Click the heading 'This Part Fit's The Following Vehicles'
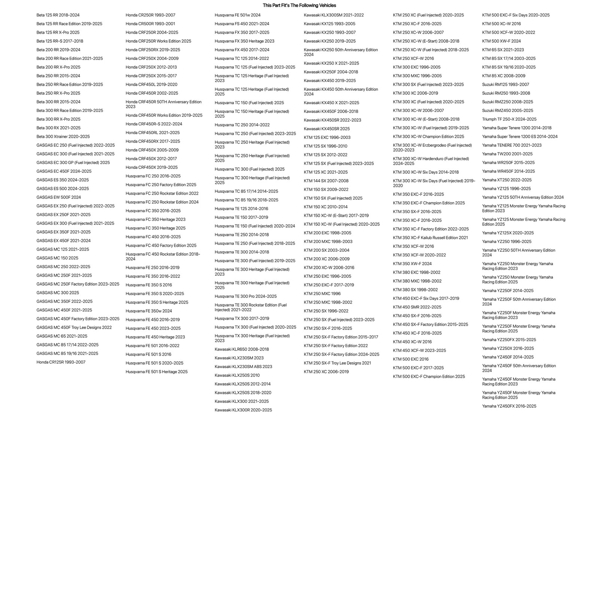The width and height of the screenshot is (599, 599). pyautogui.click(x=299, y=5)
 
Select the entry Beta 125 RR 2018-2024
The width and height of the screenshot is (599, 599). pyautogui.click(x=58, y=15)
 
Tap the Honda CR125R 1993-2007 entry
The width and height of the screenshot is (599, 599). pyautogui.click(x=61, y=362)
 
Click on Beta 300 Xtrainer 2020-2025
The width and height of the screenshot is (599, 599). pyautogui.click(x=63, y=137)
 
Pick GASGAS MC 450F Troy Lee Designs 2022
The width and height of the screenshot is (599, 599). pyautogui.click(x=74, y=328)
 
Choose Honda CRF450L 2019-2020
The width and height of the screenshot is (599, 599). pyautogui.click(x=152, y=85)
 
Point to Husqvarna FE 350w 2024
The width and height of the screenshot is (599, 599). pyautogui.click(x=149, y=311)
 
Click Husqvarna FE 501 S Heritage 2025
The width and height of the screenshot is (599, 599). pyautogui.click(x=156, y=372)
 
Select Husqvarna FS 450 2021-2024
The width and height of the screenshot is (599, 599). pyautogui.click(x=242, y=24)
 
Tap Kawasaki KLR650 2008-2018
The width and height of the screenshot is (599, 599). pyautogui.click(x=242, y=349)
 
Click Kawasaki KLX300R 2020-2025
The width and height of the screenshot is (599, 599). pyautogui.click(x=243, y=410)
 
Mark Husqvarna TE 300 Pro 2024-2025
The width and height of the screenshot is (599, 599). pyautogui.click(x=246, y=297)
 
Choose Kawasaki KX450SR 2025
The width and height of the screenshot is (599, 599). pyautogui.click(x=327, y=129)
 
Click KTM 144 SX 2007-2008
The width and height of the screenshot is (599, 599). pyautogui.click(x=326, y=181)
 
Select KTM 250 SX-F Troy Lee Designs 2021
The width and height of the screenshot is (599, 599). pyautogui.click(x=337, y=363)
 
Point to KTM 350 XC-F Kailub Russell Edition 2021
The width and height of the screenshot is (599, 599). pyautogui.click(x=431, y=238)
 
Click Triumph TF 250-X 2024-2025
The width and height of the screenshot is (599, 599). pyautogui.click(x=509, y=119)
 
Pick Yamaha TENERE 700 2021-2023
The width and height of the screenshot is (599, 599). pyautogui.click(x=512, y=145)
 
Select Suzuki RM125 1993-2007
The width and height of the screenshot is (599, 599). pyautogui.click(x=506, y=85)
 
